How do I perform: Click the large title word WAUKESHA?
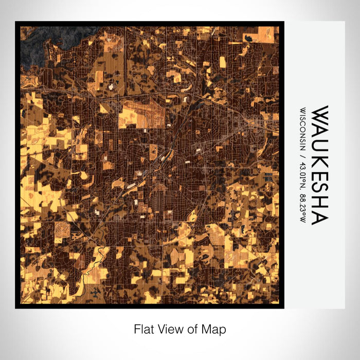(319, 165)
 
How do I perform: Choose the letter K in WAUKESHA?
(319, 158)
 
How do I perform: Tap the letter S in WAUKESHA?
(319, 188)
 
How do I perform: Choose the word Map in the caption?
(215, 329)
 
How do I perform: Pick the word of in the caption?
(194, 329)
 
